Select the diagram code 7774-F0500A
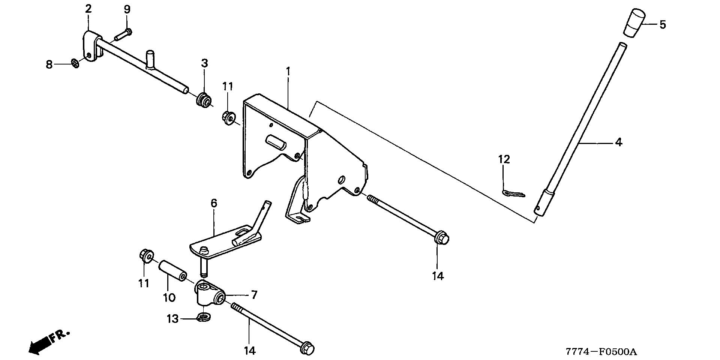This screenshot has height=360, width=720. pyautogui.click(x=601, y=352)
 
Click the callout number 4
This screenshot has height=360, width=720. pyautogui.click(x=618, y=142)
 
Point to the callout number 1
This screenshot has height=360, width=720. pyautogui.click(x=288, y=71)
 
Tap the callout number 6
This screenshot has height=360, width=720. pyautogui.click(x=214, y=204)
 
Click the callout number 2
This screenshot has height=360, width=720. pyautogui.click(x=88, y=9)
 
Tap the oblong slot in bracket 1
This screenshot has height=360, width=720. pyautogui.click(x=276, y=143)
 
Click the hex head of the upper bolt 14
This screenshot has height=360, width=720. pyautogui.click(x=442, y=238)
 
